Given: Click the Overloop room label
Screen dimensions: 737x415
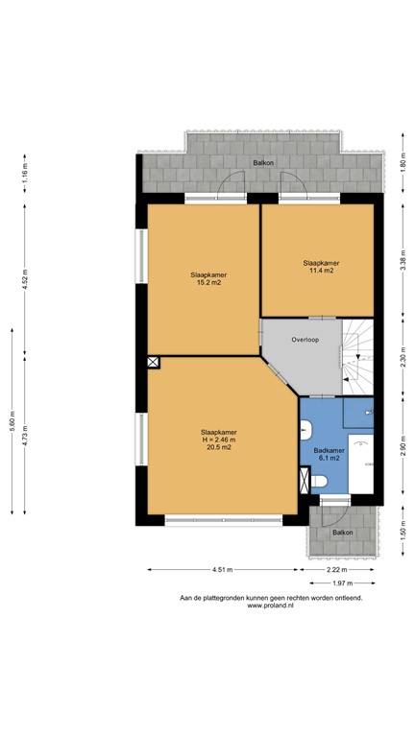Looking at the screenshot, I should click(305, 340).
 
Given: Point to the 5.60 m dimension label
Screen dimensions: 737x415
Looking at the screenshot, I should click(12, 435).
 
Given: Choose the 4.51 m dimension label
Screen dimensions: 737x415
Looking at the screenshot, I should click(222, 570).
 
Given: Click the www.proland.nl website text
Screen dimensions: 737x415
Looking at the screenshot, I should click(270, 606).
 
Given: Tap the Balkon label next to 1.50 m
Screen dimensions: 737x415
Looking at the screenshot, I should click(342, 533).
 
